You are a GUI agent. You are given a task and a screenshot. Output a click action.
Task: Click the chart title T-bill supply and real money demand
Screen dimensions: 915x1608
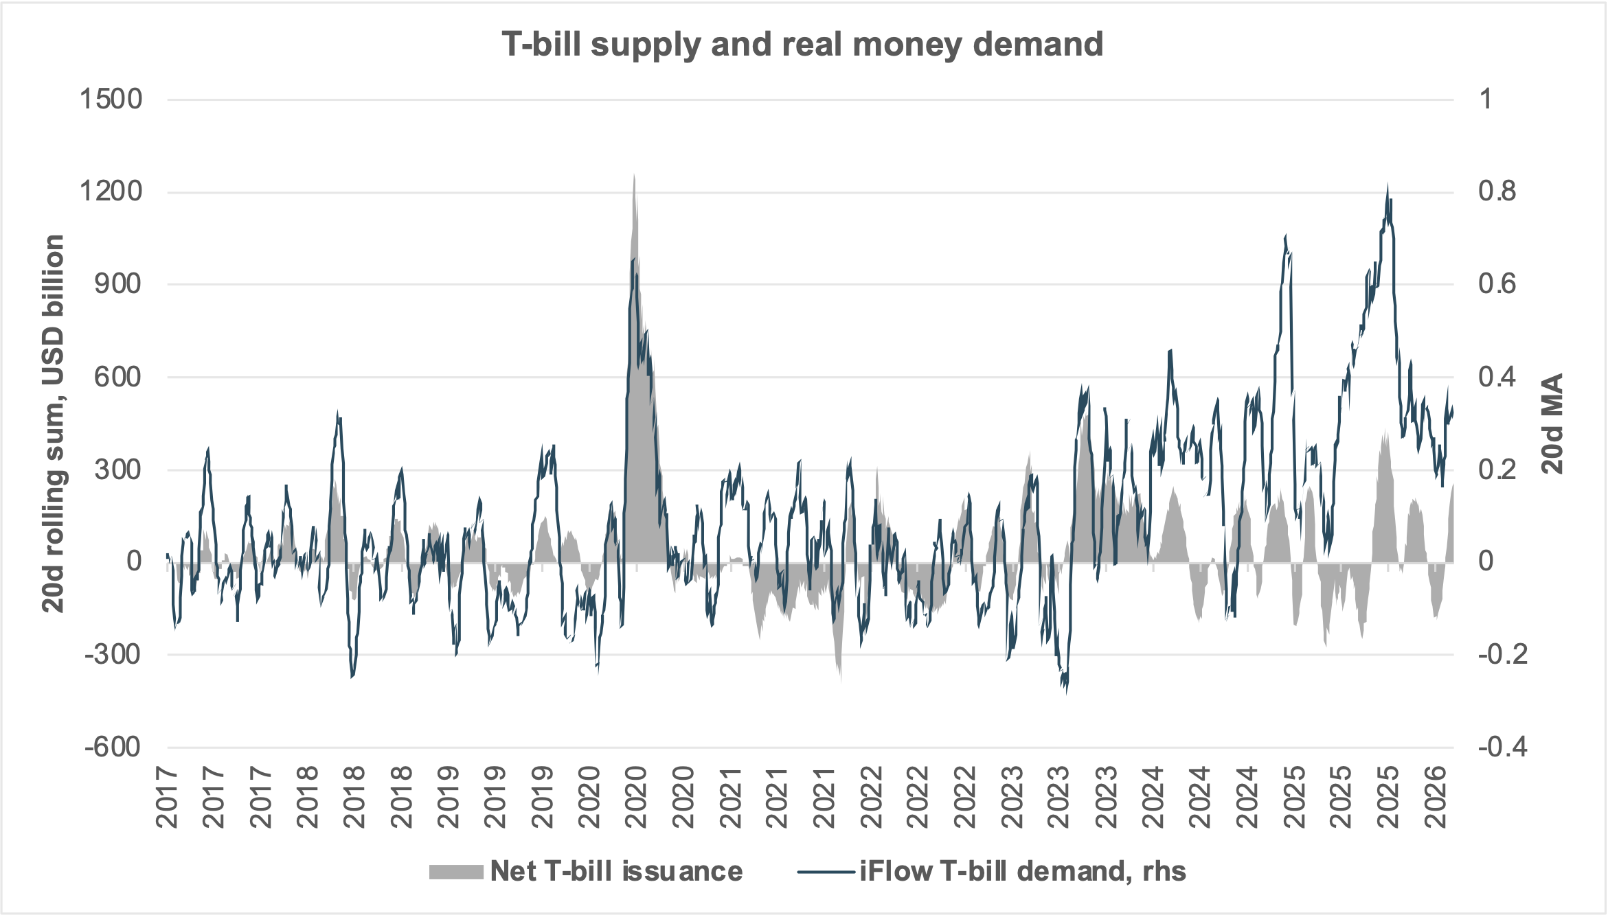(x=802, y=44)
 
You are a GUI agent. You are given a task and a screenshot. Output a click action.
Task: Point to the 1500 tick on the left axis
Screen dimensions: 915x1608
(x=111, y=100)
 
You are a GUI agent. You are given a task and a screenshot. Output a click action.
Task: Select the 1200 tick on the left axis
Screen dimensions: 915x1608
(x=111, y=192)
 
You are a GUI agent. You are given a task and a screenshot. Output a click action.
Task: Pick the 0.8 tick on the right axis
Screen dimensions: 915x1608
(x=1497, y=192)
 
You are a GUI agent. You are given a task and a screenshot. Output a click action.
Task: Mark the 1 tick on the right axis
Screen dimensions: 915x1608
(x=1485, y=100)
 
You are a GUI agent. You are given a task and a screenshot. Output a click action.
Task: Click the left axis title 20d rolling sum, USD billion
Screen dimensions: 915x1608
(x=54, y=424)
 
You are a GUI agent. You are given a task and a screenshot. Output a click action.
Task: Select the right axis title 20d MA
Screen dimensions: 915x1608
(x=1552, y=424)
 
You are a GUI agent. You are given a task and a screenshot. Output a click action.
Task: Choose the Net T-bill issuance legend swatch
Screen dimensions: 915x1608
(x=456, y=872)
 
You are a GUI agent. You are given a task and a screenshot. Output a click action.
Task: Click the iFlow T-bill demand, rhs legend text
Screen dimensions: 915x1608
(x=1022, y=872)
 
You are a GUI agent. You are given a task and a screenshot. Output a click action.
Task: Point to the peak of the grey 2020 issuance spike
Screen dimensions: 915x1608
(x=634, y=176)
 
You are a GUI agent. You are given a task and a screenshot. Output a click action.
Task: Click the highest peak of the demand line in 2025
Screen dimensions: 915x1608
(x=1388, y=185)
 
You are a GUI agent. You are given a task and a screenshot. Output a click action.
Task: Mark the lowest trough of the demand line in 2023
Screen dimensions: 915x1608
(x=1066, y=692)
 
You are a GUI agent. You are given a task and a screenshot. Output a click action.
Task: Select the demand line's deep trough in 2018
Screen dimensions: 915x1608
(x=352, y=677)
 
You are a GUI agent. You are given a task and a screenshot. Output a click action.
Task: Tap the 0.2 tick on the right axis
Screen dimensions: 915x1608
(x=1497, y=470)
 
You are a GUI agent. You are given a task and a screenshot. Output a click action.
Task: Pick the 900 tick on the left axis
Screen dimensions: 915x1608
(x=117, y=284)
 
